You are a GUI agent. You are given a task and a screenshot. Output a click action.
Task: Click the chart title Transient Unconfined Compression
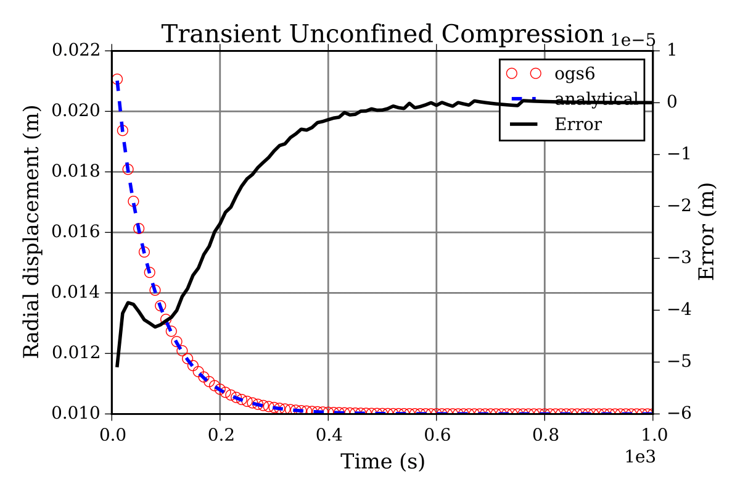click(382, 34)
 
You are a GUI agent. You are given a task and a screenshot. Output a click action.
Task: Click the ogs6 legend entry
click(577, 73)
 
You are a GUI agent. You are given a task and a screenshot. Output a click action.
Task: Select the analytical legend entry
click(596, 99)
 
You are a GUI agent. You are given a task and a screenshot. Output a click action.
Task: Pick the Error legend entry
click(578, 125)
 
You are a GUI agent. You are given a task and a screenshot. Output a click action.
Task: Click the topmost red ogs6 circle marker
click(117, 79)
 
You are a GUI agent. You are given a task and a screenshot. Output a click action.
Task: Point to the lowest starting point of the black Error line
click(117, 366)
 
